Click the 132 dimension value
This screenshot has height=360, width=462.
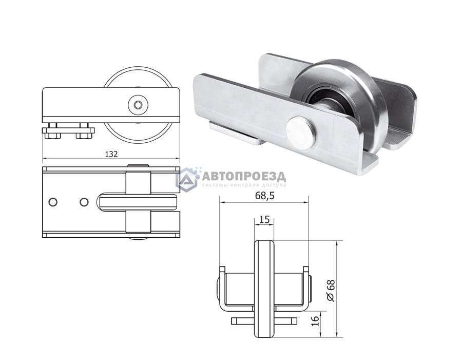click(x=111, y=154)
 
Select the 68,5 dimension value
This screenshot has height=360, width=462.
click(x=264, y=196)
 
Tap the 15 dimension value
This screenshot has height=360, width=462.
click(x=264, y=219)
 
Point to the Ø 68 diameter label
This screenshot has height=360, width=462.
click(x=331, y=291)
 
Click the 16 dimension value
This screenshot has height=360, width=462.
click(x=315, y=321)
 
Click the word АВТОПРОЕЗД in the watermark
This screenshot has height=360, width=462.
click(x=244, y=177)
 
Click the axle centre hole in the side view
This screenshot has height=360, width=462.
click(x=138, y=105)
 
